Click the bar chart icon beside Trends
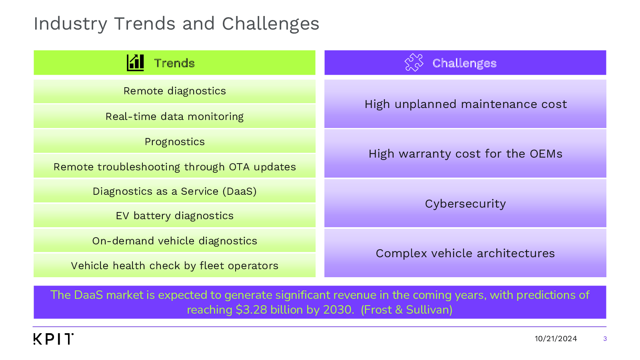[135, 62]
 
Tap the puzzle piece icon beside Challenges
[414, 62]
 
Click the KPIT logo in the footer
[54, 339]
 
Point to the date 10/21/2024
[556, 339]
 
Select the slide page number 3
[605, 339]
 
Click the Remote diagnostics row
[174, 92]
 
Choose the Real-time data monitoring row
[174, 116]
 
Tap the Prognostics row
[174, 141]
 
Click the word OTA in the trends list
[239, 167]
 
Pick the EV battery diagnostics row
[174, 216]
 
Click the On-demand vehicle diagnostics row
[174, 240]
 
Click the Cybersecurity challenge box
[465, 204]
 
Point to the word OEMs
[546, 154]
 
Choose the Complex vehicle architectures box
[465, 253]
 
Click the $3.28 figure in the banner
[252, 310]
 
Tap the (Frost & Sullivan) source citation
[406, 310]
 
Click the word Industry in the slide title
[70, 24]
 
